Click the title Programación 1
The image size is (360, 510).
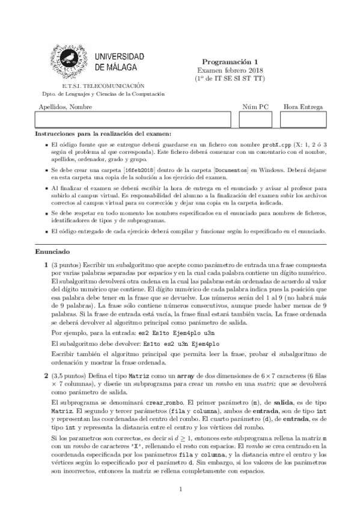click(x=229, y=61)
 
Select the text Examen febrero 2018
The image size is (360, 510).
click(x=229, y=70)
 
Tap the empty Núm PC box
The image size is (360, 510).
click(x=255, y=119)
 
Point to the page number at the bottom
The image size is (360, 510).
click(x=180, y=490)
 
